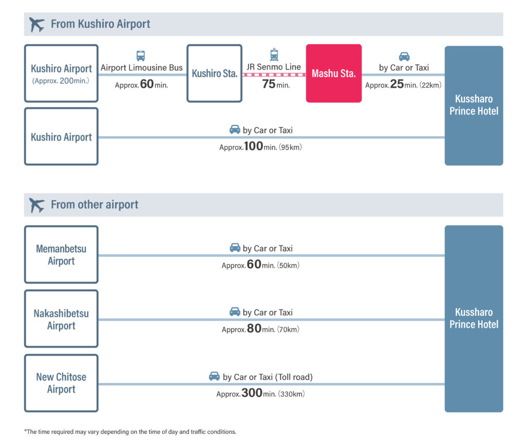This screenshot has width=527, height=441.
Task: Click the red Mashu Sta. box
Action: (x=333, y=73)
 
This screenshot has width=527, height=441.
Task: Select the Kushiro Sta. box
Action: (x=215, y=73)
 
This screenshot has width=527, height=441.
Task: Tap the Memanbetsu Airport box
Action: (x=61, y=254)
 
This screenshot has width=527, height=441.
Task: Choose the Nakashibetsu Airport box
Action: (x=61, y=319)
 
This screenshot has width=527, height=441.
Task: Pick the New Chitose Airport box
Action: (x=61, y=383)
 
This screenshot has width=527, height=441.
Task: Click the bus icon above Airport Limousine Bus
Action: (x=140, y=56)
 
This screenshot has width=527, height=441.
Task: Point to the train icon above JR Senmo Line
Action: (x=274, y=55)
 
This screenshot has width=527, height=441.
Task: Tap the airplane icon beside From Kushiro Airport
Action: (x=37, y=24)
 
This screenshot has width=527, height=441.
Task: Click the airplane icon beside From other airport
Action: (x=37, y=205)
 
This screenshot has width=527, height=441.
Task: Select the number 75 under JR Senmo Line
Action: (x=269, y=84)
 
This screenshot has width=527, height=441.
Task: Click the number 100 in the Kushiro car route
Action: (x=253, y=146)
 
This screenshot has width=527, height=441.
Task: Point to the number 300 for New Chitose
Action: (x=252, y=393)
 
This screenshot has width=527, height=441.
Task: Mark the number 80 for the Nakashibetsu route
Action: (x=254, y=328)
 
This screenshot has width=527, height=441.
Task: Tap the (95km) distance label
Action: (x=290, y=147)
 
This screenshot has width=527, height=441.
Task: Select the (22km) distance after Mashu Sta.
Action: (x=431, y=85)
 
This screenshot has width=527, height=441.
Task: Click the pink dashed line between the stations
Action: (x=274, y=75)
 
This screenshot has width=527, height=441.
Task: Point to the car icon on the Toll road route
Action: (x=214, y=376)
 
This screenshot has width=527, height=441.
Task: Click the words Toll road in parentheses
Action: (x=294, y=377)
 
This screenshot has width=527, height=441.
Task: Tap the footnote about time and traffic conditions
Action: (x=130, y=432)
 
